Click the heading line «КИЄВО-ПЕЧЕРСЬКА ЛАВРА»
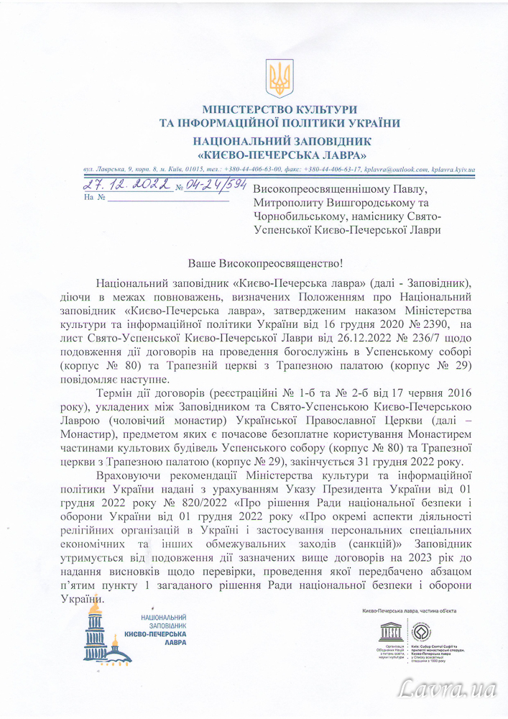pyautogui.click(x=282, y=155)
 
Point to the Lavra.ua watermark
pyautogui.click(x=449, y=688)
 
